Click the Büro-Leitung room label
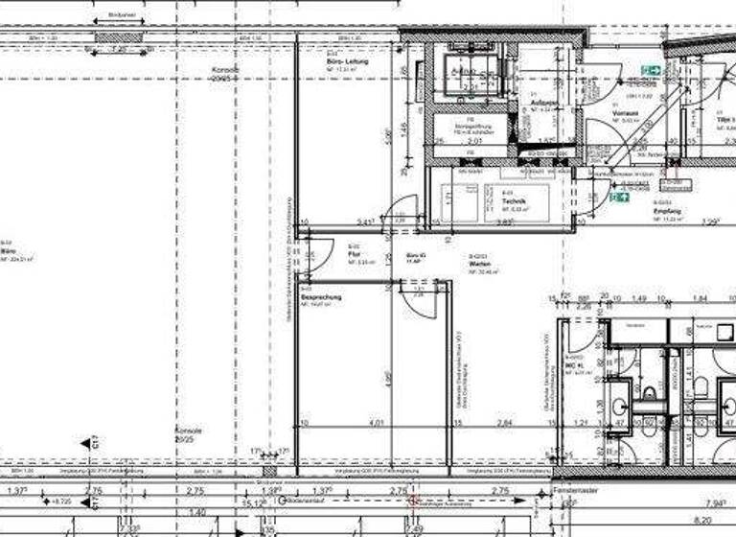pos(347,62)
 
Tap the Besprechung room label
pos(316,298)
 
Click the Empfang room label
pos(667,211)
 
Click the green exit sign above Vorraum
pos(652,70)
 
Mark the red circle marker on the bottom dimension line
pos(414,500)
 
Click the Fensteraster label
pos(575,490)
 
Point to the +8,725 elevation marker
pos(62,502)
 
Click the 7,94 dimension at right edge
pos(717,502)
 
